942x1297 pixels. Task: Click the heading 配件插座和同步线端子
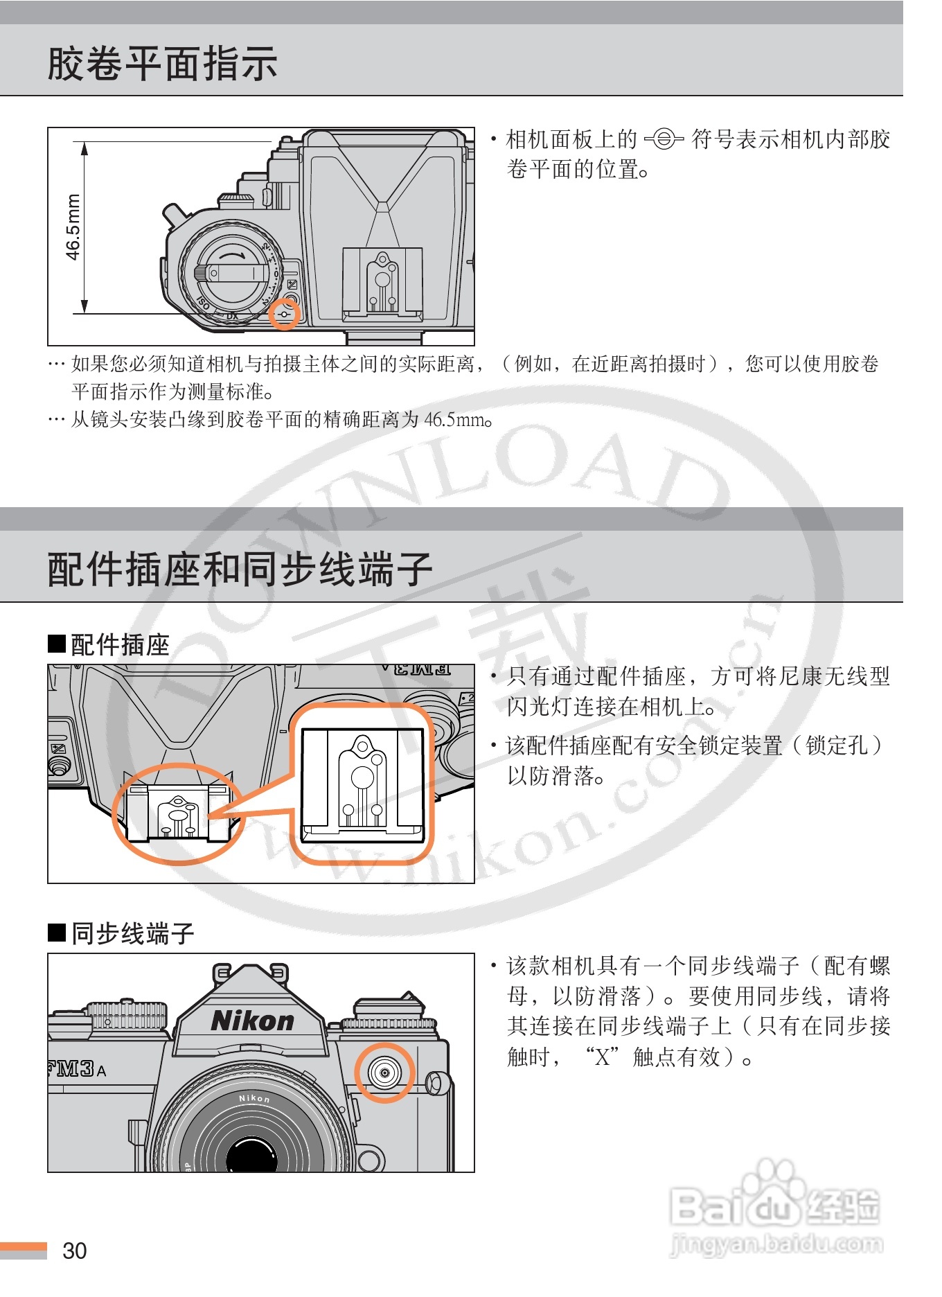coord(240,569)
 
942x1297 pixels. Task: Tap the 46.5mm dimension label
coord(73,227)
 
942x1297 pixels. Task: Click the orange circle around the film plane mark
coord(285,314)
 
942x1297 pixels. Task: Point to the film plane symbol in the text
coord(664,140)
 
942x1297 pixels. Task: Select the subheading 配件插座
coord(120,645)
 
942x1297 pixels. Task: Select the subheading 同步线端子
coord(132,934)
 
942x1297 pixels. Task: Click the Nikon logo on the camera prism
coord(252,1021)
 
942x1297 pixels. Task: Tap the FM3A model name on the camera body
coord(77,1069)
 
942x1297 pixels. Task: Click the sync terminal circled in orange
coord(384,1073)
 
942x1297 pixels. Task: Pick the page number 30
coord(75,1251)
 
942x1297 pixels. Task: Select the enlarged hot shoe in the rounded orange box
coord(362,783)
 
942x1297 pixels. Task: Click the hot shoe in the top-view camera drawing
coord(382,283)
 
